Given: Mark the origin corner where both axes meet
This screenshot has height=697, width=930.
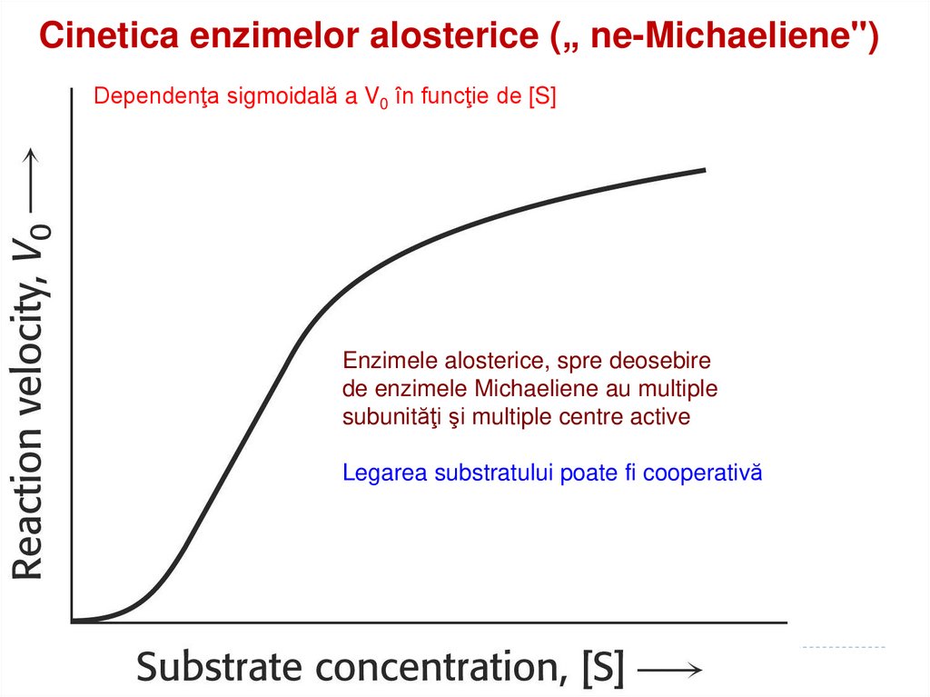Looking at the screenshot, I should click(x=71, y=622).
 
